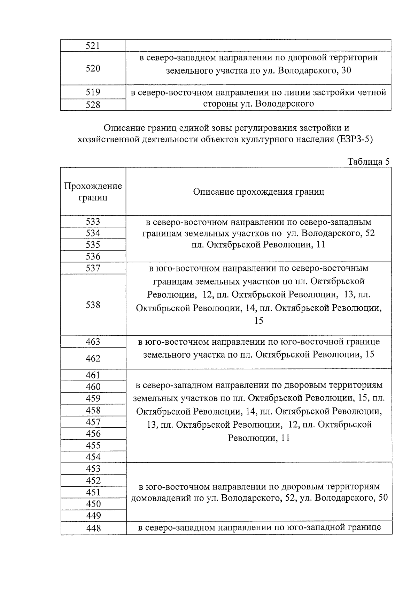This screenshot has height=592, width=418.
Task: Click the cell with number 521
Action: click(93, 46)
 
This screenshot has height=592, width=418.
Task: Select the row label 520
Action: click(93, 68)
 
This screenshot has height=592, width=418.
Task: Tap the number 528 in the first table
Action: click(93, 105)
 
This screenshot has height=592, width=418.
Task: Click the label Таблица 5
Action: click(368, 162)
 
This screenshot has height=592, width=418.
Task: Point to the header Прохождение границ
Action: click(93, 192)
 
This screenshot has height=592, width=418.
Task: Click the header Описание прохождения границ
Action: click(258, 192)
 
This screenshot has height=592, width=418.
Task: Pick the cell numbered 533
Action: click(93, 222)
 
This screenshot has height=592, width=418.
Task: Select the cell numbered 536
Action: click(93, 256)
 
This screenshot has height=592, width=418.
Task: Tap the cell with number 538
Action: click(93, 305)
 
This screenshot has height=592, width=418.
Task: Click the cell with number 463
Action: click(93, 342)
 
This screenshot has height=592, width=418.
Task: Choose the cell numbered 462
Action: click(93, 358)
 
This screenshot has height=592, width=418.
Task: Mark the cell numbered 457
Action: click(93, 422)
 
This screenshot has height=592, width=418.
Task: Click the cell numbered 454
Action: click(93, 457)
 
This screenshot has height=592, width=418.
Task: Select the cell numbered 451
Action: click(93, 492)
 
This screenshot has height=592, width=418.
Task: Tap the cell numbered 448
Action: click(93, 528)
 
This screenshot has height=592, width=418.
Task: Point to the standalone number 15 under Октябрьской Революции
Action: click(258, 321)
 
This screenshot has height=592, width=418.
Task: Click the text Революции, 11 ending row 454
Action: click(258, 438)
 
